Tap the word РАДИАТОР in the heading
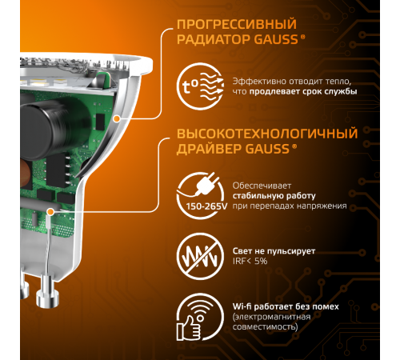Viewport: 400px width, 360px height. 205,42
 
